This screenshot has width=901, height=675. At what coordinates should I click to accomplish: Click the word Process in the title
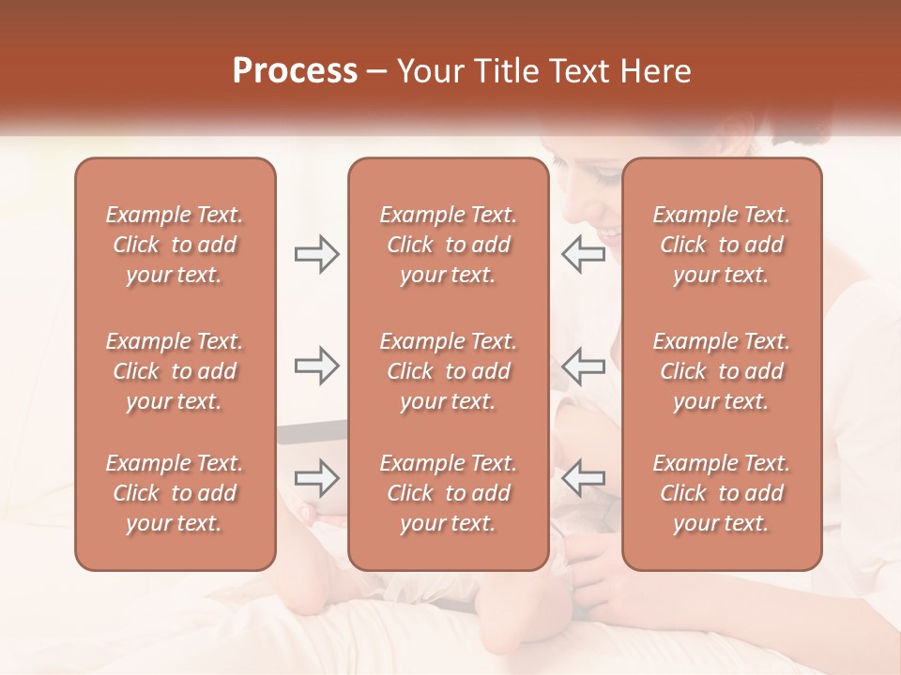click(295, 71)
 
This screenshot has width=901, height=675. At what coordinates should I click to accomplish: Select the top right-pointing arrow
click(316, 254)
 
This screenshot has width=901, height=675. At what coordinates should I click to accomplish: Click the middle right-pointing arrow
click(316, 366)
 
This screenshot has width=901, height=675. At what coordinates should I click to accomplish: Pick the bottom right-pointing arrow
click(316, 477)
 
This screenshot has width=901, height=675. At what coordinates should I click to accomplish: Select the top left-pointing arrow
click(583, 254)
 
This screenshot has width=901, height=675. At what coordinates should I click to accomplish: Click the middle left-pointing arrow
click(583, 366)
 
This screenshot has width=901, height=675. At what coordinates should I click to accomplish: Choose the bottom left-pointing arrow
click(583, 477)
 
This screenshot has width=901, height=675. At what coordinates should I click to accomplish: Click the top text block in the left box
click(175, 245)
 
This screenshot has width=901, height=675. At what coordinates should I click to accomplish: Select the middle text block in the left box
click(175, 371)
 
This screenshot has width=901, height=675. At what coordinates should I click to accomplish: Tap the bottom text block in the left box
click(175, 493)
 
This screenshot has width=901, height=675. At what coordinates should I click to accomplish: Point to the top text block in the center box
click(449, 245)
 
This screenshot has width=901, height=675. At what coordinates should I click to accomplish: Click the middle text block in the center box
click(449, 371)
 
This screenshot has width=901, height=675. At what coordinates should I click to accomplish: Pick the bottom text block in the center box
click(449, 493)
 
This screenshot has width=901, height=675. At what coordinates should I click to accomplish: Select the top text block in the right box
click(722, 245)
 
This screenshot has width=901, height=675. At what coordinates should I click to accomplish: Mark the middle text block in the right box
click(722, 371)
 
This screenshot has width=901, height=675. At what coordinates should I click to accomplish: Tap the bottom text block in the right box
click(722, 493)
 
